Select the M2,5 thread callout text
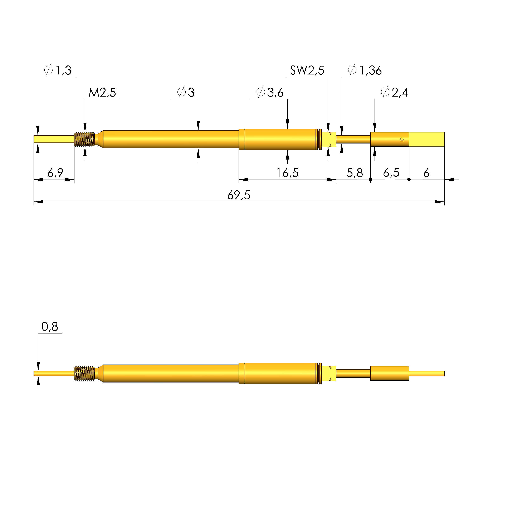coord(102,93)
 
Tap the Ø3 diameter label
coord(186,92)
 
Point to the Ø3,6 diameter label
coord(270,92)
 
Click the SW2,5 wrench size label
coord(307,70)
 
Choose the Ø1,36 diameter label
coord(365,70)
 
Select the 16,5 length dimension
coord(287,173)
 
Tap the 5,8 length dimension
coord(355,173)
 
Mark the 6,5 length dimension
coord(391,172)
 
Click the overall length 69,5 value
coord(239,195)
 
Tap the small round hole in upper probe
coord(402,140)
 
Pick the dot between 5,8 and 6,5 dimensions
coord(370,179)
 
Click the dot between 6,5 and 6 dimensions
coord(409,179)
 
